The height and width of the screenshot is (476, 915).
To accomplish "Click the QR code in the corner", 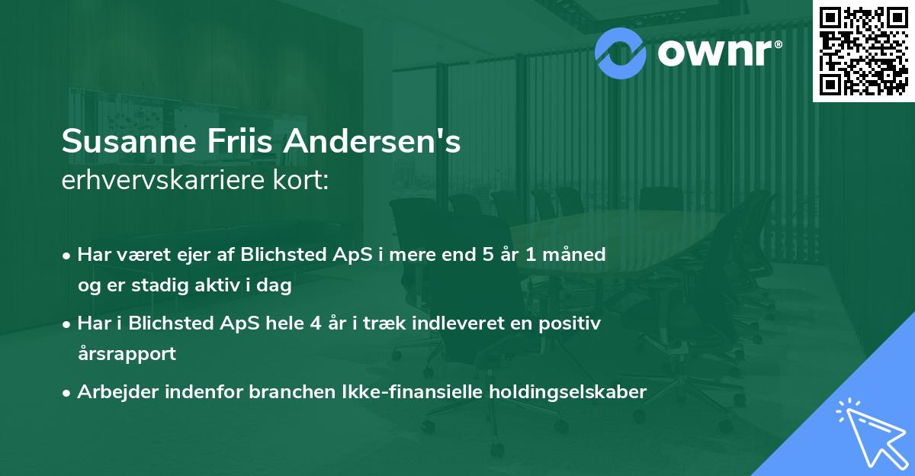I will click(863, 50).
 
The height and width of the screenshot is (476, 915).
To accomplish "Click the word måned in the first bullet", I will click(577, 255).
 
